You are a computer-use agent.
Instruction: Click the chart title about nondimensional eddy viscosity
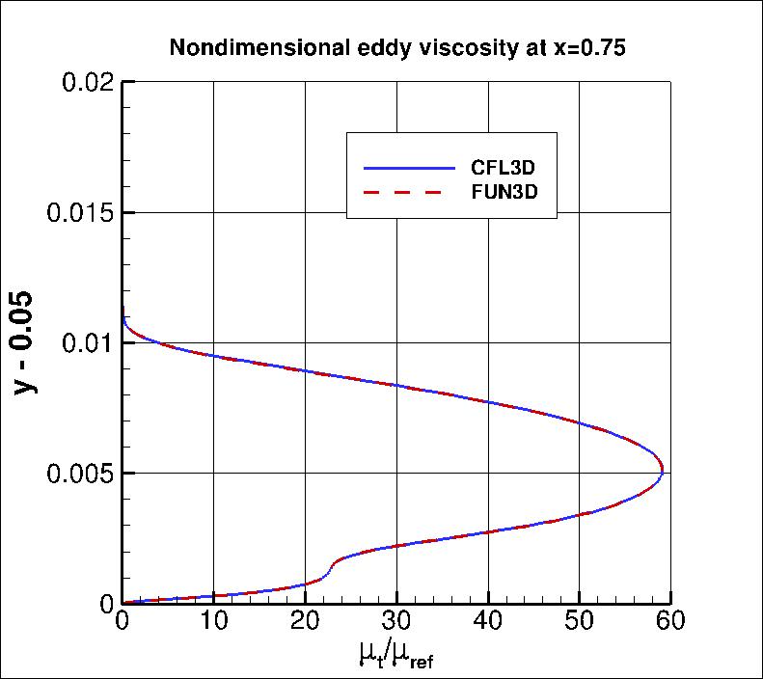397,48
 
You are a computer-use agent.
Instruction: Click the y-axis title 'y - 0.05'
28,341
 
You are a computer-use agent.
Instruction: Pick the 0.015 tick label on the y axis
81,212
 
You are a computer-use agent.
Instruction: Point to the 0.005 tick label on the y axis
81,474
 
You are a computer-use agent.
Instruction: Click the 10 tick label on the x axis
213,621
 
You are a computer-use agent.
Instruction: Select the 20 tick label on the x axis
305,621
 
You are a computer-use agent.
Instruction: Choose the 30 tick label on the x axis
396,621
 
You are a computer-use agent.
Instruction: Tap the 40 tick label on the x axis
488,621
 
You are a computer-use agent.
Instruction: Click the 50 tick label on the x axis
579,621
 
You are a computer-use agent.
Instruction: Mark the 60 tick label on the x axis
669,621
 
